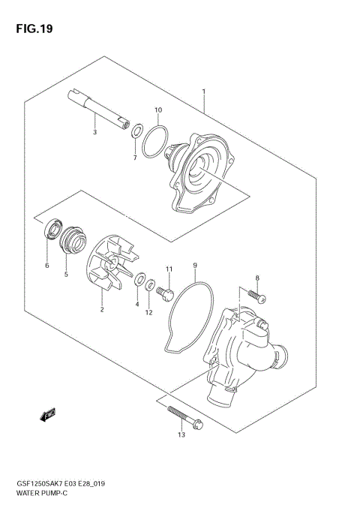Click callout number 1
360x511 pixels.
click(x=203, y=92)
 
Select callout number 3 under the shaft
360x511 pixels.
click(x=94, y=132)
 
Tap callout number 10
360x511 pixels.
click(x=158, y=111)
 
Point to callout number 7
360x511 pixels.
click(x=134, y=158)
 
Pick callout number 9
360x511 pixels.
click(x=195, y=265)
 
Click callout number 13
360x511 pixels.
click(x=181, y=433)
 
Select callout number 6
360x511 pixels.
click(x=46, y=265)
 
